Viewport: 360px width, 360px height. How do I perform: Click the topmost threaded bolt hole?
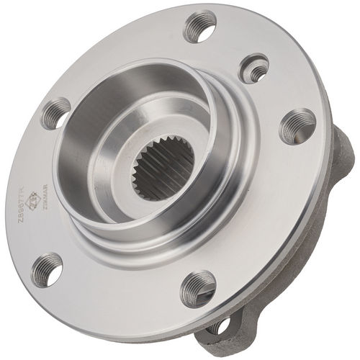coord(201,27)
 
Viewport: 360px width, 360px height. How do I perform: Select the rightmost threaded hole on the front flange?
coord(297,126)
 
